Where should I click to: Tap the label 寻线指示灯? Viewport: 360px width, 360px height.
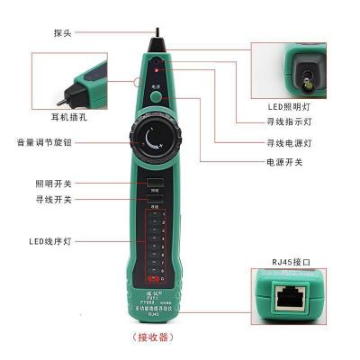[x=284, y=125]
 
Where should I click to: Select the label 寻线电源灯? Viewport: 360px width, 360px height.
[x=284, y=143]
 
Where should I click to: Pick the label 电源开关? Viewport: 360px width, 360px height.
[x=281, y=163]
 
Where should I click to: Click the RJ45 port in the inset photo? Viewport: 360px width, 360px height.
[x=291, y=299]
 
